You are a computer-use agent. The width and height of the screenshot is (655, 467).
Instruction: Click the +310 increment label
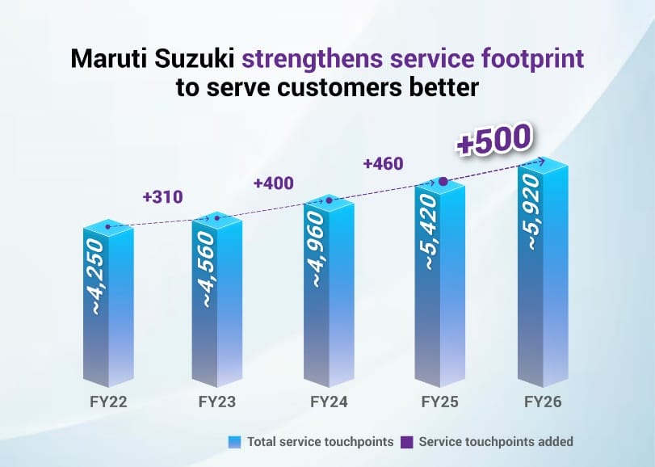tap(162, 196)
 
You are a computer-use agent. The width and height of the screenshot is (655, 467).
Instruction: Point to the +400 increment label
tap(273, 183)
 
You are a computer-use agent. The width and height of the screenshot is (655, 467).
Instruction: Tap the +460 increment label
tap(383, 164)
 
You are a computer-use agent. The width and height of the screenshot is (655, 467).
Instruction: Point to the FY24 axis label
tap(328, 402)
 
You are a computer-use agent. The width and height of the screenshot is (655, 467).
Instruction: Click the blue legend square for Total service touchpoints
tap(235, 442)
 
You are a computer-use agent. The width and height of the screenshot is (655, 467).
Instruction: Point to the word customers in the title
tap(331, 87)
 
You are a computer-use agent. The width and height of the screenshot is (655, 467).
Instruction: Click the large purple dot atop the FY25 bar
tap(442, 182)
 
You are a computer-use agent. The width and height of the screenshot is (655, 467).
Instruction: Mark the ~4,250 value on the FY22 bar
tap(97, 275)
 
